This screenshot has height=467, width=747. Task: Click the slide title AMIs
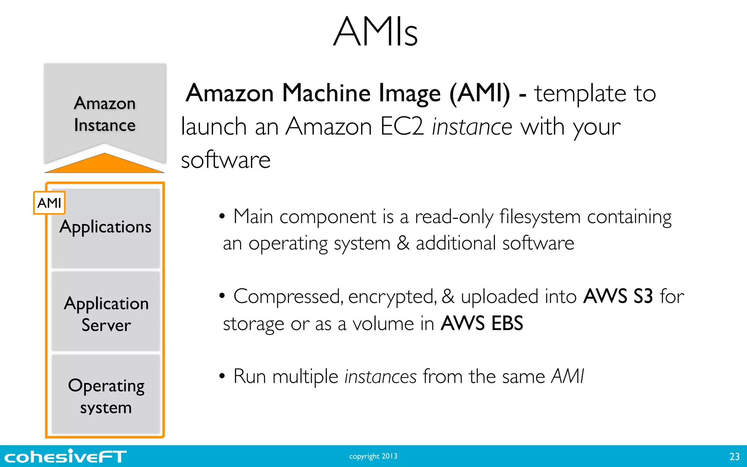[375, 32]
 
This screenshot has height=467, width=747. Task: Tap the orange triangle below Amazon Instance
[105, 164]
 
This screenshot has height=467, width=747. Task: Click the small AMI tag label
[49, 203]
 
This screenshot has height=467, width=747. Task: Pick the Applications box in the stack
[105, 228]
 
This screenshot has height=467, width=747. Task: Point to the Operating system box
[106, 395]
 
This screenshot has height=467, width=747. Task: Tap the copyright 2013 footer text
[373, 456]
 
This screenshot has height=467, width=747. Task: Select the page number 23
[734, 456]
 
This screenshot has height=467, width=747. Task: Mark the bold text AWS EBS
[481, 323]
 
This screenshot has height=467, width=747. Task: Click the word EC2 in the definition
[402, 127]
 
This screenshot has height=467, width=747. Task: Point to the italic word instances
[380, 377]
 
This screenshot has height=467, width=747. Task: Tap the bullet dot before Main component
[222, 217]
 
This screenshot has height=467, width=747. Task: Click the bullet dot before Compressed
[222, 296]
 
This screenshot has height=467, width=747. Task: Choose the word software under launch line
[225, 160]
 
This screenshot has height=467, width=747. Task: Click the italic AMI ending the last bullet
[567, 377]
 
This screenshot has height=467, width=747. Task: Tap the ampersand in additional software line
[403, 243]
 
